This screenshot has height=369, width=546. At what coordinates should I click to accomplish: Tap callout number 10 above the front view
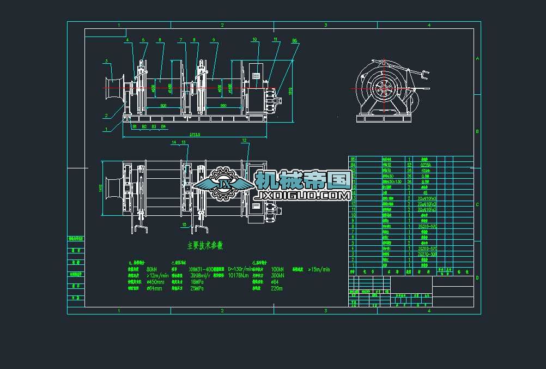click(x=254, y=39)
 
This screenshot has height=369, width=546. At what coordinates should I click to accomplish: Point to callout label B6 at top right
click(x=294, y=41)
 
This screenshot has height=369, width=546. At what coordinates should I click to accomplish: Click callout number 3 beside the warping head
click(x=106, y=61)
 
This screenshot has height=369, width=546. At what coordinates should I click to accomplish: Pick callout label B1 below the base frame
click(x=135, y=126)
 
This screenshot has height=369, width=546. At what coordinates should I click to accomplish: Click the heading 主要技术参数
click(x=205, y=246)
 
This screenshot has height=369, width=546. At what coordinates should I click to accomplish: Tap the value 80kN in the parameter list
click(x=152, y=269)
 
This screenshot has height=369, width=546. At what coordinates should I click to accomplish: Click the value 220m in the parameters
click(x=277, y=288)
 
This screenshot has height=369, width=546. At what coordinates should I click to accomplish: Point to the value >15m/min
click(x=319, y=269)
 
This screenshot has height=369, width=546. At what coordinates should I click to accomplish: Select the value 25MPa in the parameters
click(x=197, y=288)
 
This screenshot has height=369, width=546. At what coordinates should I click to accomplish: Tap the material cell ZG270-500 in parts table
click(x=427, y=254)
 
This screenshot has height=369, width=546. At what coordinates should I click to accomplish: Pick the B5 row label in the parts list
click(x=353, y=159)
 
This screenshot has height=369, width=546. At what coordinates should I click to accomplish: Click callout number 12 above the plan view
click(x=245, y=141)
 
